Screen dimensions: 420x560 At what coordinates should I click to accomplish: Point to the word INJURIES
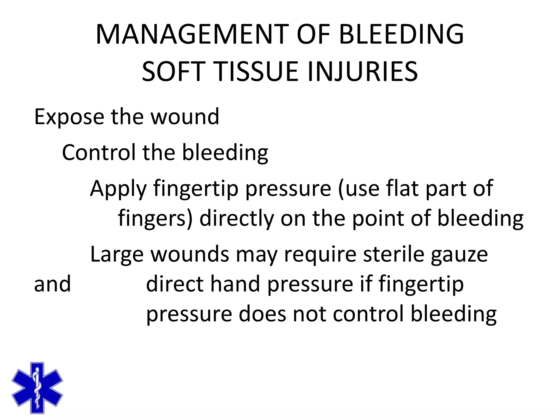click(x=362, y=72)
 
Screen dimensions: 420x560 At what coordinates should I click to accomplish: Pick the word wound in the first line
click(x=185, y=117)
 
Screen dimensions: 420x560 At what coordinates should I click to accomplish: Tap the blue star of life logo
click(x=37, y=388)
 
